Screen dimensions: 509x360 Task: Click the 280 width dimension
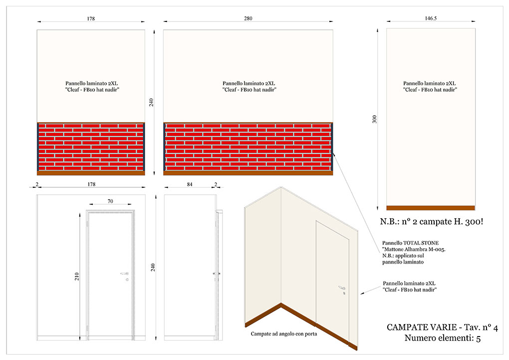pyautogui.click(x=248, y=18)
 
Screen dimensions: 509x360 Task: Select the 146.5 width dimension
pyautogui.click(x=431, y=18)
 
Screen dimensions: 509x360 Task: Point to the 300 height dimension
pyautogui.click(x=374, y=119)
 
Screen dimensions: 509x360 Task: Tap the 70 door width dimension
pyautogui.click(x=110, y=201)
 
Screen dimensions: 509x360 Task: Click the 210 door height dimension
pyautogui.click(x=77, y=277)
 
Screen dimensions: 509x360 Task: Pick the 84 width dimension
pyautogui.click(x=190, y=184)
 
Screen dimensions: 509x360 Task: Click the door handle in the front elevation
pyautogui.click(x=125, y=274)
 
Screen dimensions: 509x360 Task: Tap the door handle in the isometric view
pyautogui.click(x=342, y=288)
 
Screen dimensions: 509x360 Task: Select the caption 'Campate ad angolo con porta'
pyautogui.click(x=284, y=334)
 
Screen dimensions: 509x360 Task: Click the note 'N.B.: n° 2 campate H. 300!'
pyautogui.click(x=432, y=222)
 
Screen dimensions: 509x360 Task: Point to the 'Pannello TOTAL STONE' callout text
pyautogui.click(x=410, y=243)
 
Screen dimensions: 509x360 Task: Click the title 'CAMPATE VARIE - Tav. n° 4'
pyautogui.click(x=442, y=327)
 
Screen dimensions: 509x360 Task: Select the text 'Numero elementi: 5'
pyautogui.click(x=443, y=338)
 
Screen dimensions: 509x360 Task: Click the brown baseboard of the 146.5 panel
pyautogui.click(x=431, y=208)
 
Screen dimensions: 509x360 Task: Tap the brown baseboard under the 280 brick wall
pyautogui.click(x=248, y=173)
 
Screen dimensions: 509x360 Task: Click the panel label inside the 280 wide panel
pyautogui.click(x=249, y=86)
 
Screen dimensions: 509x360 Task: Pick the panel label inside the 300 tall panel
pyautogui.click(x=430, y=86)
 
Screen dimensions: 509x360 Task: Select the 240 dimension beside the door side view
pyautogui.click(x=153, y=268)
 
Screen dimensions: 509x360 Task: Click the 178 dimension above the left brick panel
pyautogui.click(x=91, y=18)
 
